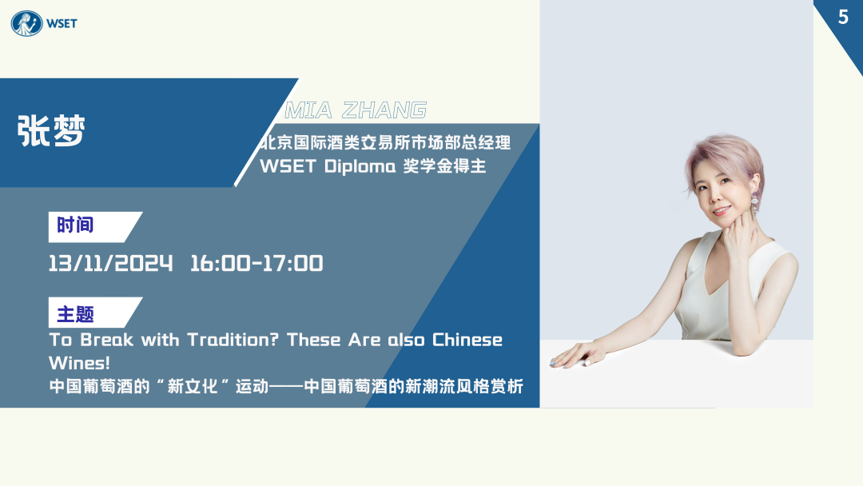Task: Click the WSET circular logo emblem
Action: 26,23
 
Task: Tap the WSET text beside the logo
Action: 62,24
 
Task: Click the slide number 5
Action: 843,17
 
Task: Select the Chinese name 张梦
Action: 51,130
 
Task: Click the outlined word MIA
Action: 308,110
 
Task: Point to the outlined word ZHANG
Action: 384,110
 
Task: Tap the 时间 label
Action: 75,225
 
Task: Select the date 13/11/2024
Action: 110,263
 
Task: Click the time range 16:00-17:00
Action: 257,263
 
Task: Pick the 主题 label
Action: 75,314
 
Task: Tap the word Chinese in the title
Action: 467,340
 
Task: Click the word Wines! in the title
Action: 79,363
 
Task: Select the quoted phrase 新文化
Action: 192,386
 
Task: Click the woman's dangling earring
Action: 754,204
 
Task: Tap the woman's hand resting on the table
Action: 576,355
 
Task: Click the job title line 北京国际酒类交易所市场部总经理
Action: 385,142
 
